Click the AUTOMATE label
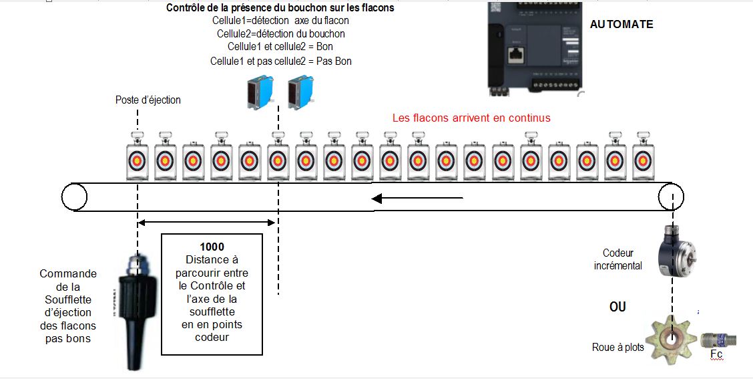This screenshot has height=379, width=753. pyautogui.click(x=621, y=25)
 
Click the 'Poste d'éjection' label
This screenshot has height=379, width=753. pyautogui.click(x=148, y=100)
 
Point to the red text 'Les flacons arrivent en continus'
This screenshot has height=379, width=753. pyautogui.click(x=471, y=118)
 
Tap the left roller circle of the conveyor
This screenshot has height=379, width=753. pyautogui.click(x=74, y=197)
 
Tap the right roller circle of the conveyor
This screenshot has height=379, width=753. pyautogui.click(x=670, y=197)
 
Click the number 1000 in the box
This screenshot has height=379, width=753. pyautogui.click(x=212, y=247)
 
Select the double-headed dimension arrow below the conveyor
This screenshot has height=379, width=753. pyautogui.click(x=206, y=223)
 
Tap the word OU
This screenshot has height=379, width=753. pyautogui.click(x=617, y=307)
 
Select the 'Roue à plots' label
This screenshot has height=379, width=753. pyautogui.click(x=617, y=347)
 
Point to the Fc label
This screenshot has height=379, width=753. pyautogui.click(x=716, y=355)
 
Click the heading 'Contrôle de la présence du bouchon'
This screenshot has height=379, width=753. pyautogui.click(x=280, y=9)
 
